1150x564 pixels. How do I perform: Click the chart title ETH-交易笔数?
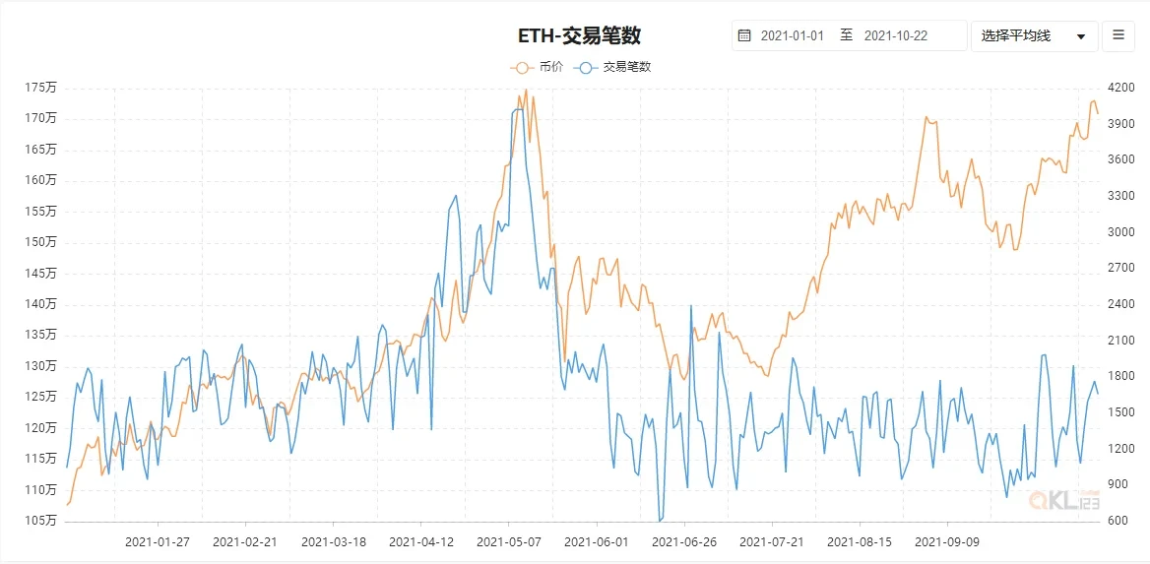pos(579,35)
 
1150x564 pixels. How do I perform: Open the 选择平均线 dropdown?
pos(1033,35)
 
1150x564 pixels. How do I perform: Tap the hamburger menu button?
pos(1118,35)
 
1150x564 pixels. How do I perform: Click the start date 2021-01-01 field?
pos(792,35)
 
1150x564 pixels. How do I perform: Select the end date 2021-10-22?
pos(897,35)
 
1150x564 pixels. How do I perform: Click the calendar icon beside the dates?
pos(744,35)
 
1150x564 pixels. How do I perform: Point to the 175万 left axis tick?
pos(41,88)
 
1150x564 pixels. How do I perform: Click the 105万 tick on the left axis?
pos(41,521)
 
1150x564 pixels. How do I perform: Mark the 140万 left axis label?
pos(41,304)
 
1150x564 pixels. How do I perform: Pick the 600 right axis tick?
pos(1118,521)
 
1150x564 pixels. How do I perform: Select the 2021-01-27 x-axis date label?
pos(158,541)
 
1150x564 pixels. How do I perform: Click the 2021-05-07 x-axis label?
pos(508,541)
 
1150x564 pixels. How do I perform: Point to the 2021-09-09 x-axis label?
pos(947,541)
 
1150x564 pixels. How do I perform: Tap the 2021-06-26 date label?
pos(683,541)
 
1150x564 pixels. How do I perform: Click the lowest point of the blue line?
pos(660,521)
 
